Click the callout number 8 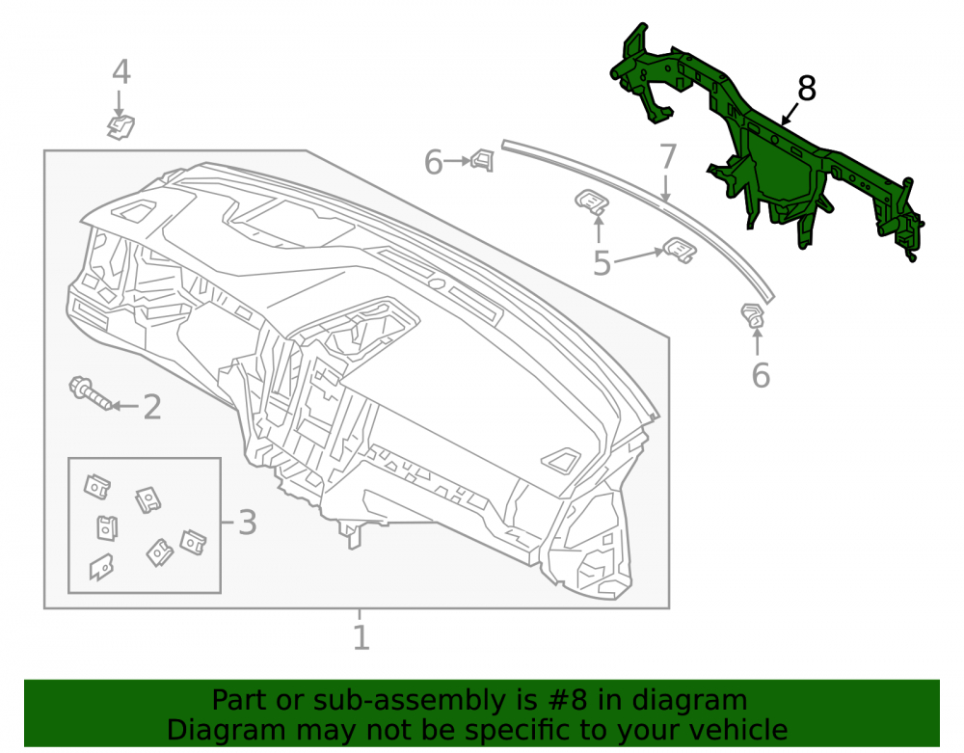coord(807,89)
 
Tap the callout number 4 coord(121,72)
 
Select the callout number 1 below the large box coord(361,637)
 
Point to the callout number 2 coord(152,407)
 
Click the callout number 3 coord(247,523)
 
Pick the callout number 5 coord(602,264)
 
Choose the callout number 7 coord(668,157)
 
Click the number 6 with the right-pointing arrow coord(434,163)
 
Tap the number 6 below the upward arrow coord(761,375)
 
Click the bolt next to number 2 coord(91,393)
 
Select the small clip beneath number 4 coord(120,127)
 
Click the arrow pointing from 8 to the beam coord(790,114)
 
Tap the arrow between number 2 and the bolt coord(124,406)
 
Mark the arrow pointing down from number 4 coord(119,102)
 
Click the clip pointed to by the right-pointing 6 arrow coord(483,160)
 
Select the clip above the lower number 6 coord(753,315)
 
